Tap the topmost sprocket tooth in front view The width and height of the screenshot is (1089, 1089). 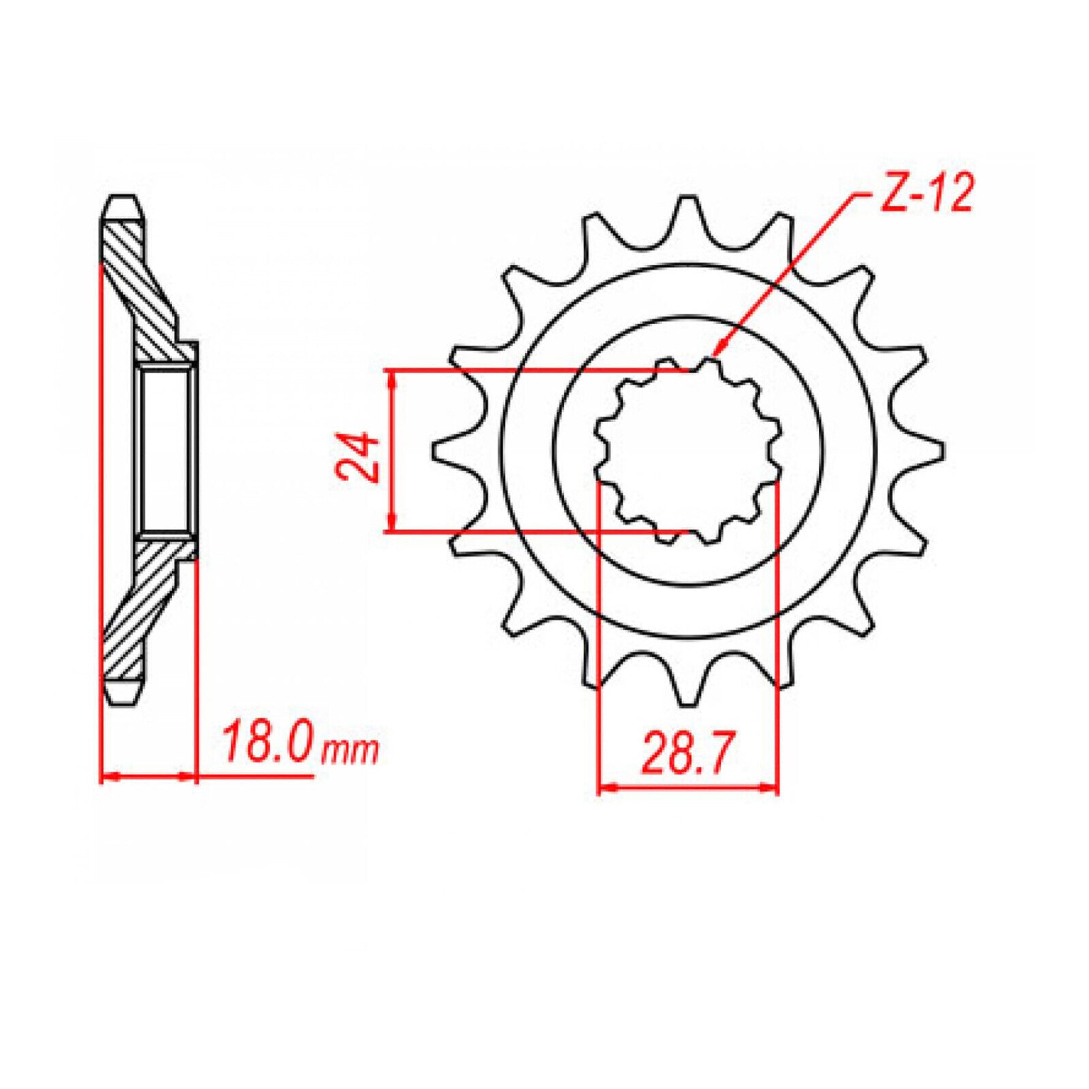tap(687, 208)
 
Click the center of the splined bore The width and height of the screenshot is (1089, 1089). tap(687, 451)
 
